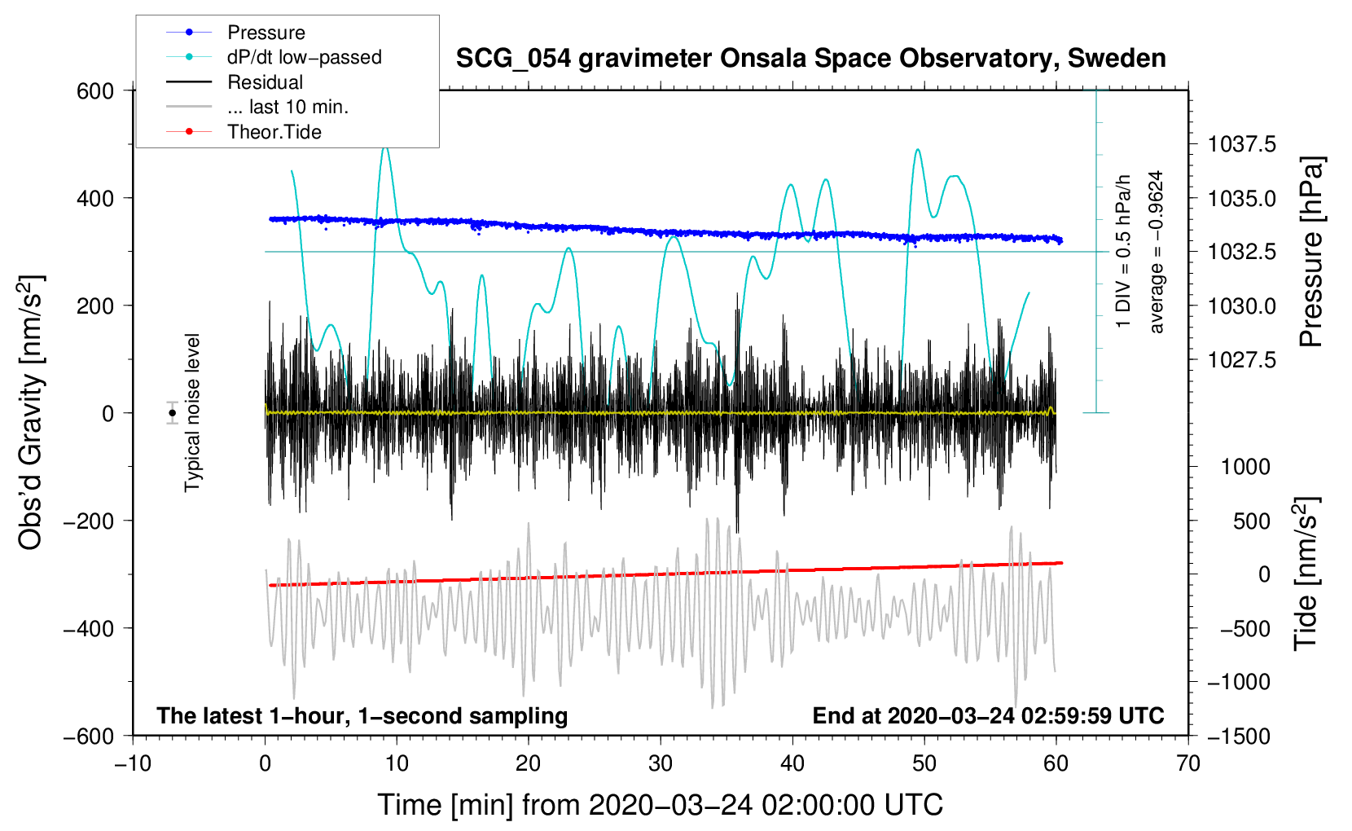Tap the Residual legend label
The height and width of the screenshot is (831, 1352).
click(x=265, y=82)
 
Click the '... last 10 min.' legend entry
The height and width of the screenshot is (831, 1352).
click(x=288, y=107)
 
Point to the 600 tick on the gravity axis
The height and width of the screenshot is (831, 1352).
click(x=95, y=91)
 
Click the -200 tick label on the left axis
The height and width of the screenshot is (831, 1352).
click(x=89, y=521)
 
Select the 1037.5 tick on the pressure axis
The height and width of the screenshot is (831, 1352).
click(x=1241, y=144)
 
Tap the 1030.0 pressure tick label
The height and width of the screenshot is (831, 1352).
click(x=1241, y=306)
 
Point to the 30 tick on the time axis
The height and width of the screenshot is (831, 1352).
click(x=661, y=763)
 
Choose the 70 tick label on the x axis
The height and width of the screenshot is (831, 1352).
click(x=1187, y=763)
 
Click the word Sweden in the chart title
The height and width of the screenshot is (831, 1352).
click(x=1117, y=59)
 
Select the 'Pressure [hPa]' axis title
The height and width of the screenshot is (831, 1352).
click(x=1311, y=252)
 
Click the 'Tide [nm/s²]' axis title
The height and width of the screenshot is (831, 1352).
click(x=1306, y=574)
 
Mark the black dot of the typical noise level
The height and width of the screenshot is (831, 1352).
click(x=173, y=413)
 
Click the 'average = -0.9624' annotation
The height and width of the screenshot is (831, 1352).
click(x=1156, y=252)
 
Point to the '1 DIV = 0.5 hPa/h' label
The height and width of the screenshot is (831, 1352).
click(x=1122, y=252)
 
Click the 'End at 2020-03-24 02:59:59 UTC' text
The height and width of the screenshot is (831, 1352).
click(x=988, y=715)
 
